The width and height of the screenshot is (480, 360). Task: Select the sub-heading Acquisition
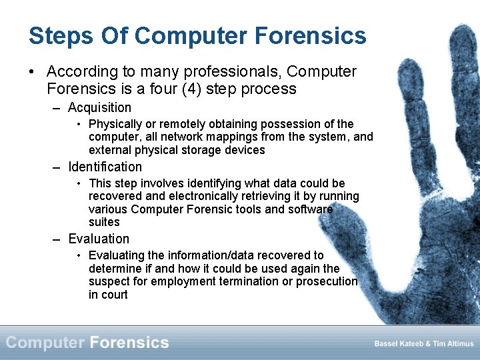[99, 107]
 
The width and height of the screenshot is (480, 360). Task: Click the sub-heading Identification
[105, 167]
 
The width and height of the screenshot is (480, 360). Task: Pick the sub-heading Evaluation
[99, 239]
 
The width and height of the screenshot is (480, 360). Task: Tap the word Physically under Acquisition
[115, 124]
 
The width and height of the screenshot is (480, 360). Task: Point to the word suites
[104, 222]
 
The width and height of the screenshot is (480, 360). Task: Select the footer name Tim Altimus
[454, 343]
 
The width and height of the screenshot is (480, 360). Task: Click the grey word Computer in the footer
[45, 343]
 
